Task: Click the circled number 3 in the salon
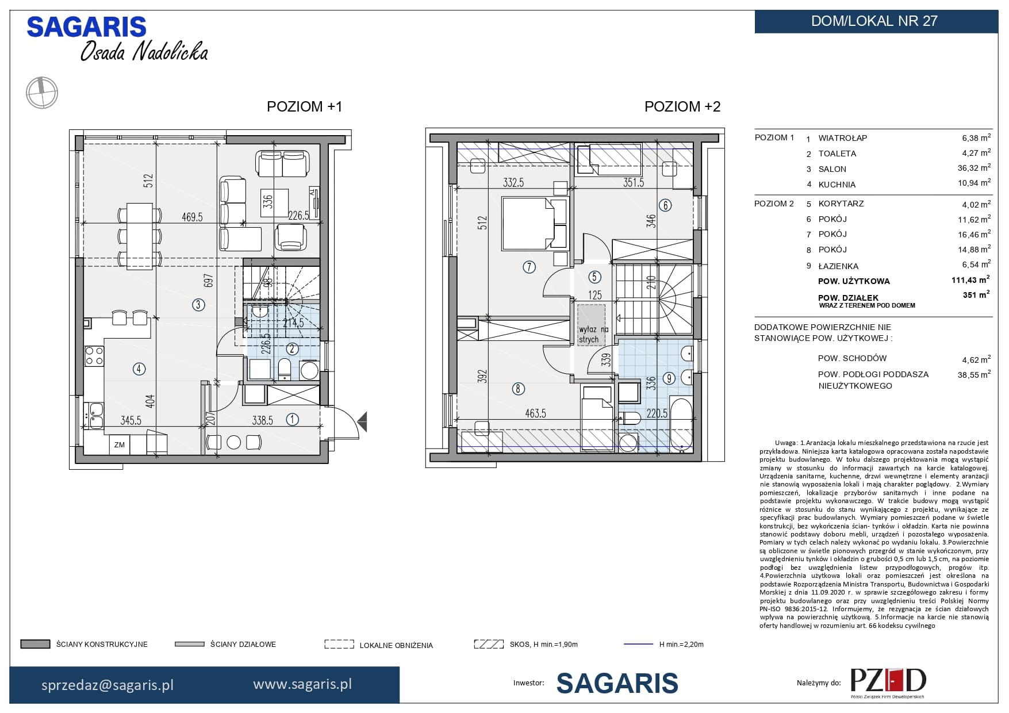[x=198, y=305]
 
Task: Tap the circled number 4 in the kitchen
[x=139, y=369]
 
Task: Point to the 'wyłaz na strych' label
[x=592, y=334]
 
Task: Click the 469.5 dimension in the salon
[x=192, y=217]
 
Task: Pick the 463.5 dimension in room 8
[x=535, y=413]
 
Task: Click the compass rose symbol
[x=42, y=92]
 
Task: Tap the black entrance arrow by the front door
[x=362, y=422]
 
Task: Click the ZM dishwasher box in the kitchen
[x=120, y=444]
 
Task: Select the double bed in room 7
[x=535, y=224]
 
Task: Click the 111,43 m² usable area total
[x=970, y=279]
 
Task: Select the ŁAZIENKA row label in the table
[x=838, y=266]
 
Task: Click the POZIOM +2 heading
[x=682, y=106]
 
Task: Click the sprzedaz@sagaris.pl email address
[x=108, y=685]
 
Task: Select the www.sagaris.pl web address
[x=302, y=684]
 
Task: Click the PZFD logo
[x=888, y=683]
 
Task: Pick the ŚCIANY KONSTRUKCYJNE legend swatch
[x=35, y=645]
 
